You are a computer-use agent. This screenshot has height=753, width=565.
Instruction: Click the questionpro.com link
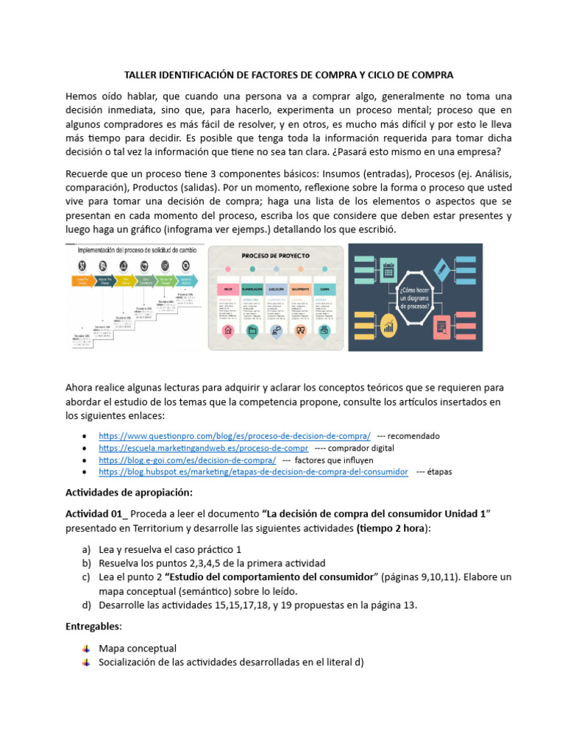(x=234, y=435)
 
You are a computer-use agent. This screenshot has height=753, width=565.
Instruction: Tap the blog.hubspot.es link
(x=252, y=471)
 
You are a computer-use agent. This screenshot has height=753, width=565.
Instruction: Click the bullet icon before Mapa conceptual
(x=86, y=649)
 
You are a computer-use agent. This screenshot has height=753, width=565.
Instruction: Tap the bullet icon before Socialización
(x=86, y=662)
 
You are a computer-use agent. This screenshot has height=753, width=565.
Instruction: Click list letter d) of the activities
(x=87, y=605)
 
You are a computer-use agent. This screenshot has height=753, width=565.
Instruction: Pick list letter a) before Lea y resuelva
(x=87, y=549)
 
